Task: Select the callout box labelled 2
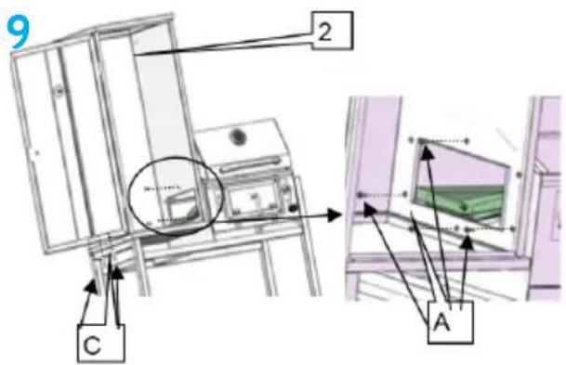pyautogui.click(x=333, y=31)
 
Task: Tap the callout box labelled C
pyautogui.click(x=101, y=344)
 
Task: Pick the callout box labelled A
pyautogui.click(x=450, y=322)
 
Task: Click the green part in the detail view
pyautogui.click(x=461, y=202)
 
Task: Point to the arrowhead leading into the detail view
pyautogui.click(x=334, y=215)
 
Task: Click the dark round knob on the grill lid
pyautogui.click(x=238, y=137)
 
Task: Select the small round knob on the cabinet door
pyautogui.click(x=59, y=90)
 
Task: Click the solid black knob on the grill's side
pyautogui.click(x=293, y=208)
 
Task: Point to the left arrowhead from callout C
pyautogui.click(x=92, y=287)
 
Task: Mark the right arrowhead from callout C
pyautogui.click(x=117, y=273)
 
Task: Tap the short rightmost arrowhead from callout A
pyautogui.click(x=467, y=242)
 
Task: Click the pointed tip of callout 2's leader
pyautogui.click(x=135, y=55)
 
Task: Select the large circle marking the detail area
pyautogui.click(x=177, y=196)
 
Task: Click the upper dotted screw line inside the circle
pyautogui.click(x=162, y=188)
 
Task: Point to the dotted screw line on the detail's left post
pyautogui.click(x=383, y=195)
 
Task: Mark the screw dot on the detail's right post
pyautogui.click(x=520, y=175)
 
